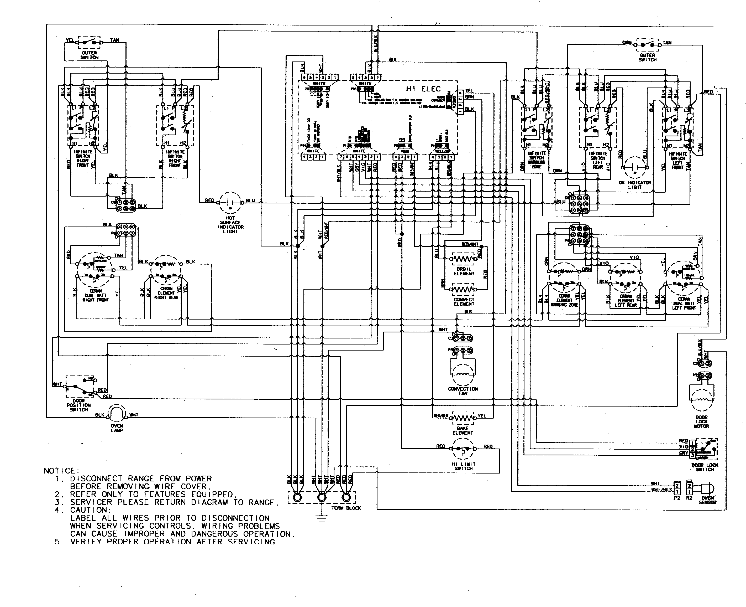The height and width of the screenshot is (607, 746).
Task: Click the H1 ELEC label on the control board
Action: [x=423, y=89]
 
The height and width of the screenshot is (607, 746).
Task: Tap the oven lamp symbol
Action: [x=116, y=414]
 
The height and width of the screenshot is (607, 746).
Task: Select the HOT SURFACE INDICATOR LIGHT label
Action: [x=230, y=224]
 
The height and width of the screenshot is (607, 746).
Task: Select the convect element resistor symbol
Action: [x=463, y=290]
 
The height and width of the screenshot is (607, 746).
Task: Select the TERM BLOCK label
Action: [x=346, y=508]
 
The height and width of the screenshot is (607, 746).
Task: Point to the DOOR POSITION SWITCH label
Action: [x=79, y=405]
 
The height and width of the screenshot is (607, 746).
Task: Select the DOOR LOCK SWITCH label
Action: [x=705, y=467]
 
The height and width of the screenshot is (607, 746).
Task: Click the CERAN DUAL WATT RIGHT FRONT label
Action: [x=95, y=295]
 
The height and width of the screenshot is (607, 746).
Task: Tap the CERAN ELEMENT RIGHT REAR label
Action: [x=166, y=293]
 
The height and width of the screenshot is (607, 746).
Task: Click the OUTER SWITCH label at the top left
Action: [x=90, y=55]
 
